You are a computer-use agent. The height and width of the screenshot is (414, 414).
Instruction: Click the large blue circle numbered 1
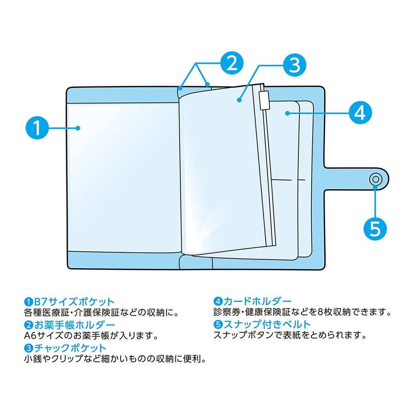[37, 128]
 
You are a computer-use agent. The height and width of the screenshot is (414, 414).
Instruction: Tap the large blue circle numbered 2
[231, 63]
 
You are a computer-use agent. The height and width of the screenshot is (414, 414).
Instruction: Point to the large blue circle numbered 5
[375, 228]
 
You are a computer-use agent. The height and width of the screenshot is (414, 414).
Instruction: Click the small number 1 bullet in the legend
[28, 301]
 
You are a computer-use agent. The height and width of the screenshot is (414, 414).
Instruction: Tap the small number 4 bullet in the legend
[217, 301]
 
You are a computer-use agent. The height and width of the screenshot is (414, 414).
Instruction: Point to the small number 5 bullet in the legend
[217, 325]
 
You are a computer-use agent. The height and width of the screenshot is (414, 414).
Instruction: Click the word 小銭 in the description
[34, 358]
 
